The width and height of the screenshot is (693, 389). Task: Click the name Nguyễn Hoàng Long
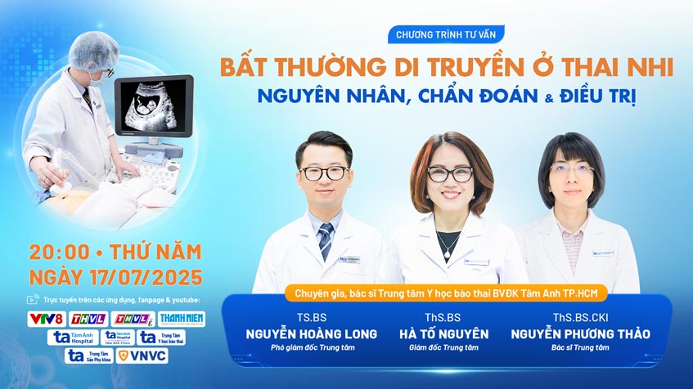(x=312, y=333)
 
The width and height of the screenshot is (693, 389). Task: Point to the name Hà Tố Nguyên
(x=444, y=333)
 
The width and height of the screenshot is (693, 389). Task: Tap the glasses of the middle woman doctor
(x=450, y=173)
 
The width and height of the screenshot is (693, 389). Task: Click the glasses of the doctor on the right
(x=571, y=169)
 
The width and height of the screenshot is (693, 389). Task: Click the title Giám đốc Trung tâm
(x=444, y=348)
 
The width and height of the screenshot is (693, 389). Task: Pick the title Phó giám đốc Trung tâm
(x=312, y=348)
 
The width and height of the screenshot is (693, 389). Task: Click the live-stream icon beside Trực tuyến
(x=33, y=300)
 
